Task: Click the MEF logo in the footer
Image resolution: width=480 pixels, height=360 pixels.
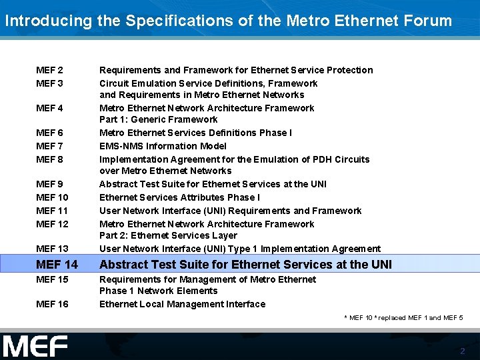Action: [x=35, y=347]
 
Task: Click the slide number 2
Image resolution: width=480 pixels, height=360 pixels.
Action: [x=463, y=351]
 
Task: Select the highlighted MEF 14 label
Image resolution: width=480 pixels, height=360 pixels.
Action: [x=57, y=265]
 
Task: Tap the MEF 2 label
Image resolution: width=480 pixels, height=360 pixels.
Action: [x=50, y=70]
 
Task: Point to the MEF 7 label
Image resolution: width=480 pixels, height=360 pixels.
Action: [x=50, y=146]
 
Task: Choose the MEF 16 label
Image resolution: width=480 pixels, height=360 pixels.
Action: [x=52, y=304]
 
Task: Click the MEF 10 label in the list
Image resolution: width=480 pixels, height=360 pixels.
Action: [x=52, y=197]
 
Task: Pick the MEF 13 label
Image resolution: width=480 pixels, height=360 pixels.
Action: [x=52, y=249]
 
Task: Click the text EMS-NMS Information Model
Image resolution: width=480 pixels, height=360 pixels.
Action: [x=163, y=146]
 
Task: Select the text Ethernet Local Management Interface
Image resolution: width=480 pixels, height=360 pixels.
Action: [x=182, y=304]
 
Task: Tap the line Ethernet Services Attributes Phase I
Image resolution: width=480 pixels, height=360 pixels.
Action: [x=179, y=197]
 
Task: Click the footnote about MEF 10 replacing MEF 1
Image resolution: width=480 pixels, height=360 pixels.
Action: [x=403, y=318]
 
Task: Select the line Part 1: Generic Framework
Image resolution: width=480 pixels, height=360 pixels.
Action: [x=158, y=119]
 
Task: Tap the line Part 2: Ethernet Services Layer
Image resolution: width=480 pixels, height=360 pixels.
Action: [x=168, y=235]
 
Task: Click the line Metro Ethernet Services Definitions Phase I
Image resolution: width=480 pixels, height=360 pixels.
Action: [x=195, y=133]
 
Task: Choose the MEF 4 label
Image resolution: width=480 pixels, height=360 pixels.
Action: [x=50, y=108]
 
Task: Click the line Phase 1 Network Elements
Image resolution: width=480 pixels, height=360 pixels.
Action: [x=158, y=291]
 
